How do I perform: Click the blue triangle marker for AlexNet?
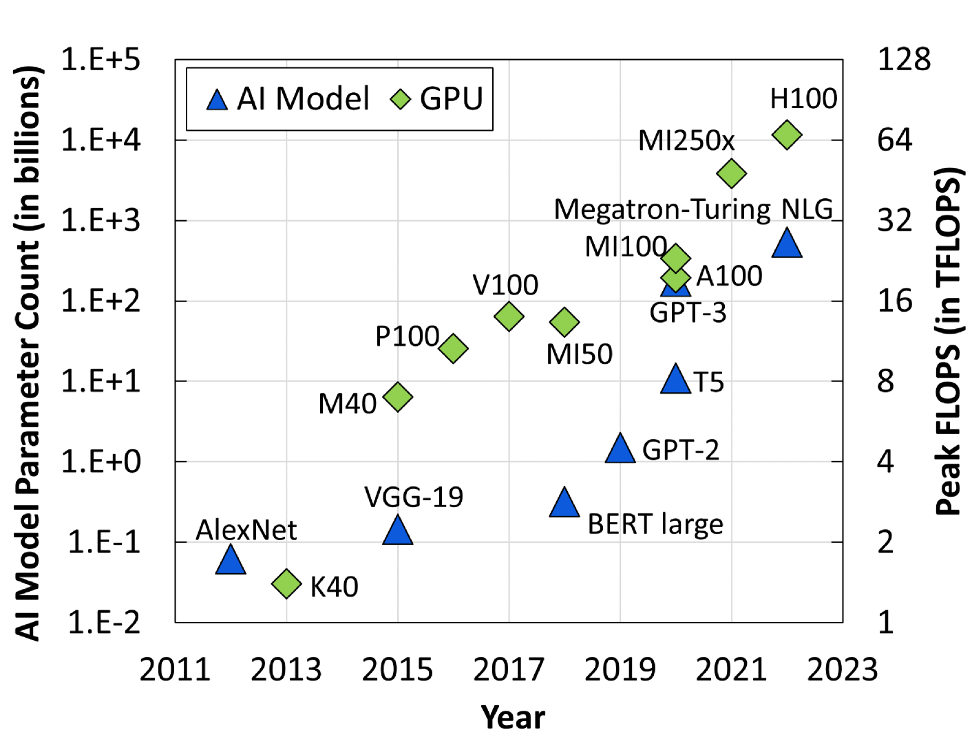click(x=231, y=561)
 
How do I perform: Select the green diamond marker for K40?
click(x=287, y=584)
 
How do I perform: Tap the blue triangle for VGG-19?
click(x=398, y=531)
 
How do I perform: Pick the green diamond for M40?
click(x=398, y=397)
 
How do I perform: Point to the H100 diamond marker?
click(x=787, y=135)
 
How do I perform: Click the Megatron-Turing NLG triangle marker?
click(x=787, y=244)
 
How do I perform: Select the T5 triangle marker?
click(x=675, y=380)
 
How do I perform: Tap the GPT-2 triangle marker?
click(x=620, y=449)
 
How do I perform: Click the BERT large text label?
click(x=655, y=524)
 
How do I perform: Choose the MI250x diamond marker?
click(x=732, y=173)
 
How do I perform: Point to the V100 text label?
click(x=505, y=285)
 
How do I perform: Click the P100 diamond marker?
click(x=453, y=348)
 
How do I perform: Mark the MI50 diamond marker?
click(x=564, y=321)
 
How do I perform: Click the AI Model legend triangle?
click(x=217, y=100)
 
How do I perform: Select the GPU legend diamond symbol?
click(x=401, y=100)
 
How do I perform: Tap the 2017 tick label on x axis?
click(x=509, y=670)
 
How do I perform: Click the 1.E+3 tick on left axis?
click(x=101, y=221)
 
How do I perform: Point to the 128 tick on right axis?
click(x=903, y=60)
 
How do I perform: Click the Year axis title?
click(x=513, y=718)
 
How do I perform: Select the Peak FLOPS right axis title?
click(x=949, y=341)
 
